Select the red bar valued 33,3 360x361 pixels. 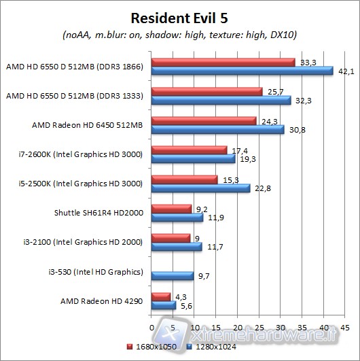tap(223, 62)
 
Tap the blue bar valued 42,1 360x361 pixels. tap(242, 71)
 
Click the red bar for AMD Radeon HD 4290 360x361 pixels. tap(160, 296)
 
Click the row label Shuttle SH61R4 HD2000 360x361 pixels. tap(98, 213)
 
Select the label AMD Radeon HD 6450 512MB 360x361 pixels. tap(87, 125)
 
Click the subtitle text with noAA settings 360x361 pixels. tap(179, 34)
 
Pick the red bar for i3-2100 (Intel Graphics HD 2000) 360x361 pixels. tap(170, 238)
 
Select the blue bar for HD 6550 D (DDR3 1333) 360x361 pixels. tap(221, 100)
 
